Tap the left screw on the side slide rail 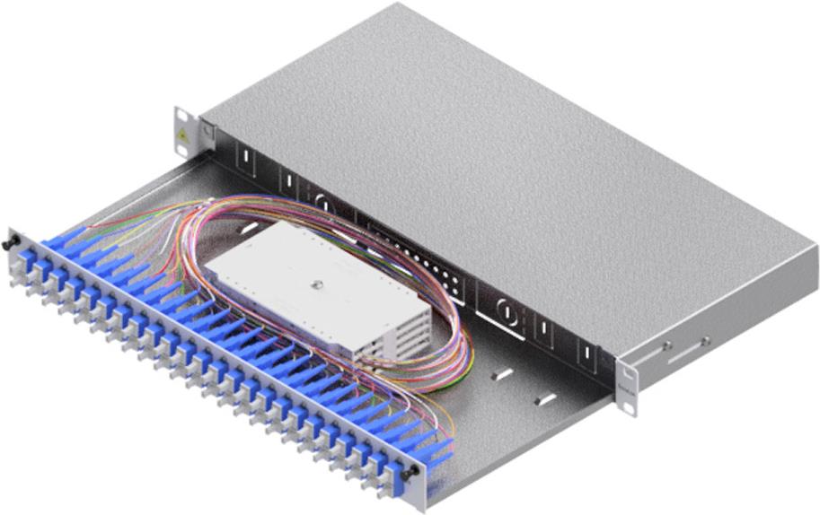[667, 345]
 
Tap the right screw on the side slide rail [705, 340]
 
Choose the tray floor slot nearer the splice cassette [503, 371]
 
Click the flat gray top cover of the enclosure [503, 153]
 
